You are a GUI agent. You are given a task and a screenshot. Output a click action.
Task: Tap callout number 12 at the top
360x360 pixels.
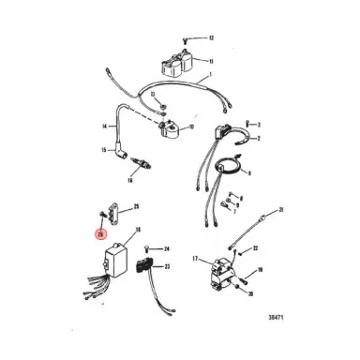[x=211, y=37]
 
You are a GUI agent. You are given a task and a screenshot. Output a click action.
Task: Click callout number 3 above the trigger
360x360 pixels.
[x=259, y=124]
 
